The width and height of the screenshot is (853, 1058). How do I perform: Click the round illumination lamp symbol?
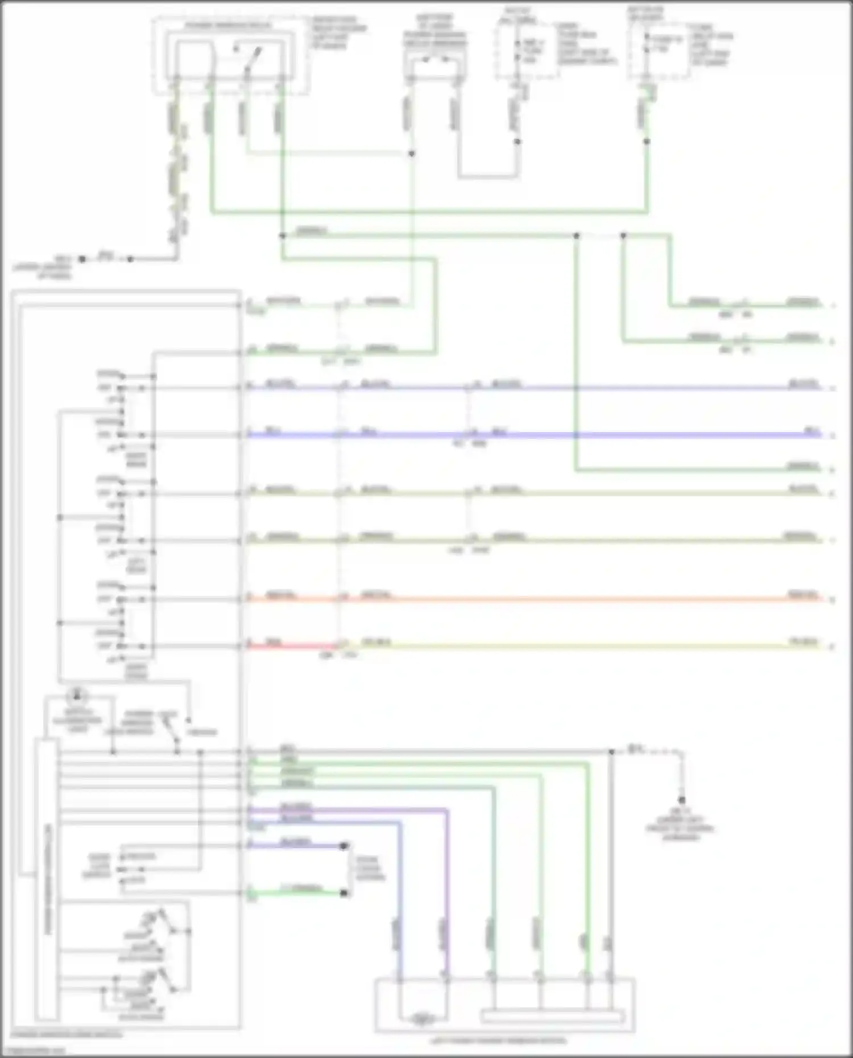[77, 696]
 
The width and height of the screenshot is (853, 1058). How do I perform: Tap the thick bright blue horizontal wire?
[569, 435]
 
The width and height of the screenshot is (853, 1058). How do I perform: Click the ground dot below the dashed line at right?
[681, 800]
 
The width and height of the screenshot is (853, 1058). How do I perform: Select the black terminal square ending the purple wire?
[343, 847]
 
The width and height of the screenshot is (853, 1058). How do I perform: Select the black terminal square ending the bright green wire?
[343, 893]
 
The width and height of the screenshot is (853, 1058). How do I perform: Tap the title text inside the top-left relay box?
[227, 26]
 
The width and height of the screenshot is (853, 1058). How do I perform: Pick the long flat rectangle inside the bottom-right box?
[552, 1016]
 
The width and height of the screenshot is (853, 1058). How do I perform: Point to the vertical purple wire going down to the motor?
[447, 910]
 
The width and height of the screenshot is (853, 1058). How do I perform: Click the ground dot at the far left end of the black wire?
[82, 259]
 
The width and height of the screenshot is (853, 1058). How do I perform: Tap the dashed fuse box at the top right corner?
[659, 50]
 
